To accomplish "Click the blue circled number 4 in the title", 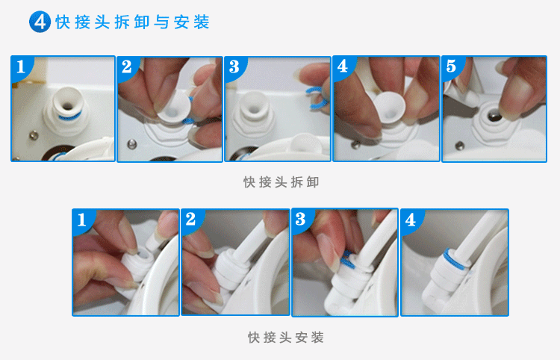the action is (x=40, y=22).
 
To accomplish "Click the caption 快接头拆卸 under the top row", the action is (x=281, y=182).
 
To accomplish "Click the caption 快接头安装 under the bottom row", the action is (x=286, y=337).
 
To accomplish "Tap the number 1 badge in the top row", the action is (x=21, y=66).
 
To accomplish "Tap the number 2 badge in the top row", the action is (x=127, y=66).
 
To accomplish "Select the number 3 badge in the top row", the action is (x=234, y=66).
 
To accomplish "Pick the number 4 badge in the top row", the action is (x=343, y=66).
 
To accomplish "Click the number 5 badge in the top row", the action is (x=451, y=66).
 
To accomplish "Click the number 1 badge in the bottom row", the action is (x=82, y=220).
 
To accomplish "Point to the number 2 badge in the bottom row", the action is (x=190, y=219).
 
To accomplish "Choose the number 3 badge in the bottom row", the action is (x=301, y=219).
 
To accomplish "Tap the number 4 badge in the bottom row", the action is (x=411, y=220).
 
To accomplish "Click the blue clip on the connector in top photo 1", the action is (x=69, y=117).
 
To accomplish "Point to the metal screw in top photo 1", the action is (x=34, y=135).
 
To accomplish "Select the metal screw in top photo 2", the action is (x=132, y=144).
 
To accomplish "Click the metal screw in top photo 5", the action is (x=460, y=146).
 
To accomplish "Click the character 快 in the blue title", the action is (x=63, y=22).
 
